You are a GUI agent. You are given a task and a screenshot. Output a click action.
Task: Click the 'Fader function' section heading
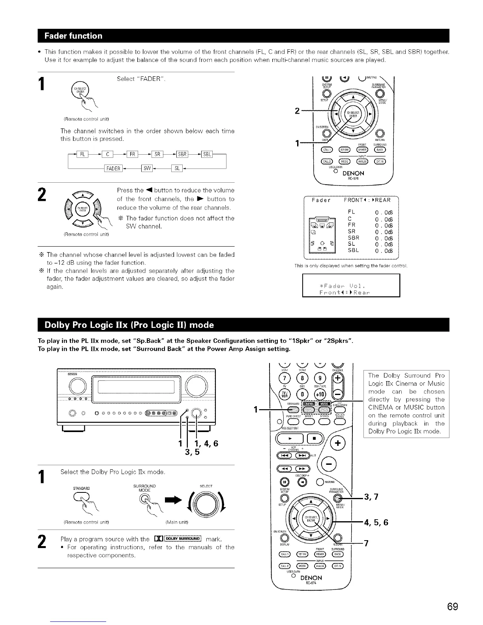tap(73, 36)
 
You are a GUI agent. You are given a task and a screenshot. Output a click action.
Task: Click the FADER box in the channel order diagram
tap(113, 168)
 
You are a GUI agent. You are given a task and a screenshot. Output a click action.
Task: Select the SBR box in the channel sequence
tap(182, 153)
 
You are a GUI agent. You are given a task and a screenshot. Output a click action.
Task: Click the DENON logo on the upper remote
tap(353, 173)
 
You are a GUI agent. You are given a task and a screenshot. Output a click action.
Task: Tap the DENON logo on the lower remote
tap(311, 578)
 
